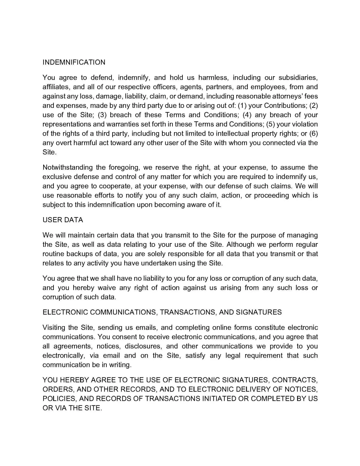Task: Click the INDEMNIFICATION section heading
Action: (x=74, y=62)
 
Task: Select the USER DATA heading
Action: (x=63, y=220)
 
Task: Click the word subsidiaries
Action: (x=297, y=77)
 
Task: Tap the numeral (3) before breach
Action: (x=102, y=115)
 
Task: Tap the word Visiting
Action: (x=55, y=327)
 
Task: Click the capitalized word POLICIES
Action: (x=59, y=398)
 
